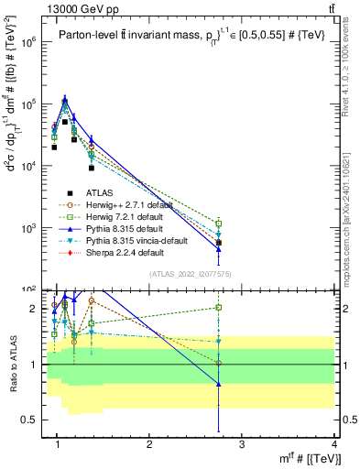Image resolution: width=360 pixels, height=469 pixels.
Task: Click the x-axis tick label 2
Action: [x=149, y=446]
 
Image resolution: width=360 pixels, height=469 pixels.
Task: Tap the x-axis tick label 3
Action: [x=241, y=446]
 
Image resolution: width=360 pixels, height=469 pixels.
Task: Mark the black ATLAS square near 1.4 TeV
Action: [x=92, y=168]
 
